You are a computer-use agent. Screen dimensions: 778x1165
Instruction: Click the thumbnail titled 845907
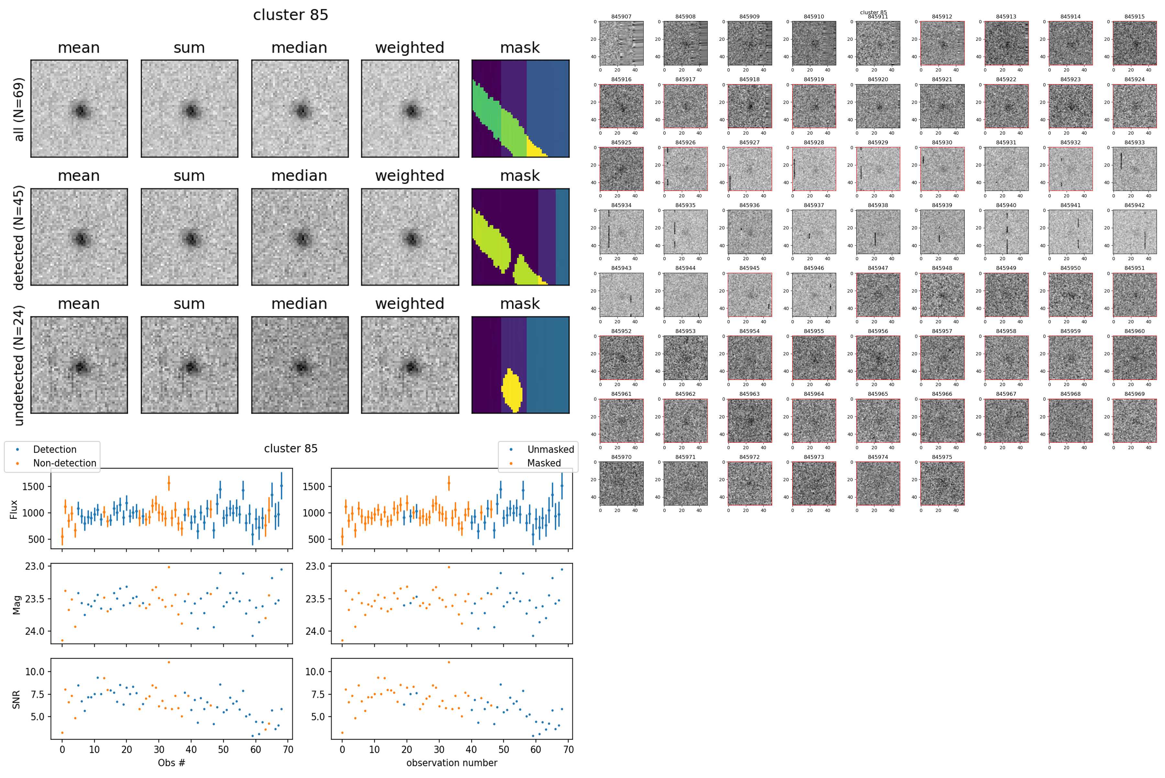[x=621, y=43]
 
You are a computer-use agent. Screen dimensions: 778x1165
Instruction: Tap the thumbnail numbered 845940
[x=1006, y=232]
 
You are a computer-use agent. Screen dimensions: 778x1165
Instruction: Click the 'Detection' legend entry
[x=55, y=450]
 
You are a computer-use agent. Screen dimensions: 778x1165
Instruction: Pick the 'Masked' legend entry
[x=544, y=463]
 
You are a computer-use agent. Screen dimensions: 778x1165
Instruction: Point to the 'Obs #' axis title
[x=171, y=762]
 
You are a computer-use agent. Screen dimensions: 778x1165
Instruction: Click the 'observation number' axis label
[x=451, y=762]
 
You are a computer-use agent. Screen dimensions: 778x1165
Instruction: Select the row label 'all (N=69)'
[x=19, y=109]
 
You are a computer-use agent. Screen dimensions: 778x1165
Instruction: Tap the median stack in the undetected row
[x=300, y=365]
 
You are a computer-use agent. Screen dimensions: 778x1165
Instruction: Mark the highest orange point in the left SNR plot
[x=169, y=662]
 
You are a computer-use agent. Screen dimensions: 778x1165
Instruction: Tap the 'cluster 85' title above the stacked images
[x=290, y=15]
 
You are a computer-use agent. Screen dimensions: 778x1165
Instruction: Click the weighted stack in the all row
[x=410, y=109]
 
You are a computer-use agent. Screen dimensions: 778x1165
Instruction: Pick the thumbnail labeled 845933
[x=1134, y=169]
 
